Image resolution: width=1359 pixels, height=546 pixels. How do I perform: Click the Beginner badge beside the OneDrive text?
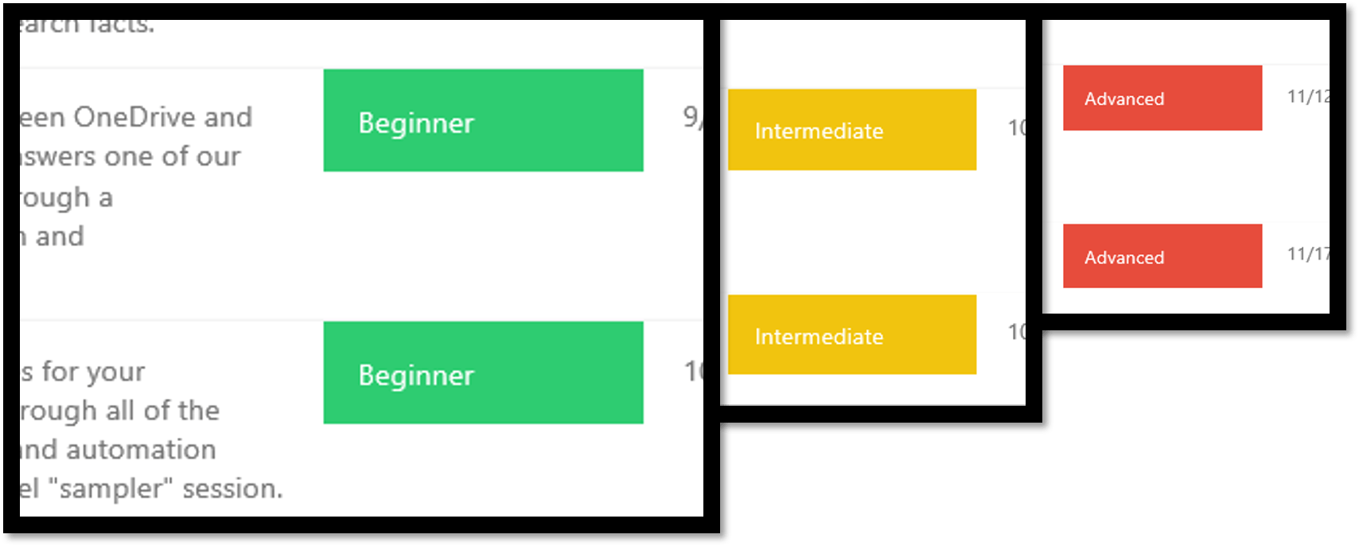[x=483, y=121]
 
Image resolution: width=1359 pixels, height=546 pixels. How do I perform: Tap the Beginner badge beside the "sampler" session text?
[x=483, y=372]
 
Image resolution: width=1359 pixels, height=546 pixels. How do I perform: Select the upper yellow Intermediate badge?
[x=851, y=130]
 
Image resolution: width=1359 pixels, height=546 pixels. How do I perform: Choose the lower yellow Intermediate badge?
[x=851, y=335]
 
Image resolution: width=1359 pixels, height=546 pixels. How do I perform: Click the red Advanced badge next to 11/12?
[x=1162, y=98]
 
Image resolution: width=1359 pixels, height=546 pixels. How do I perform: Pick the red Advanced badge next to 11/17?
[x=1162, y=256]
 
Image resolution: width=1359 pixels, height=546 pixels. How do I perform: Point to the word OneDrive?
[x=134, y=118]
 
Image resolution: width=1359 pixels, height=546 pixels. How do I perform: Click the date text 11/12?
[x=1308, y=97]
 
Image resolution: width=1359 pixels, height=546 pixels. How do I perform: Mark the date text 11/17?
[x=1308, y=255]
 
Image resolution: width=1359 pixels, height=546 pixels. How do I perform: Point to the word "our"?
[x=218, y=157]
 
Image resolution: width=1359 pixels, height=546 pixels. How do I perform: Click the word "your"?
[x=115, y=372]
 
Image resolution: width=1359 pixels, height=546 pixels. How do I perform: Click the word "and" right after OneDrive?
[x=228, y=118]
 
